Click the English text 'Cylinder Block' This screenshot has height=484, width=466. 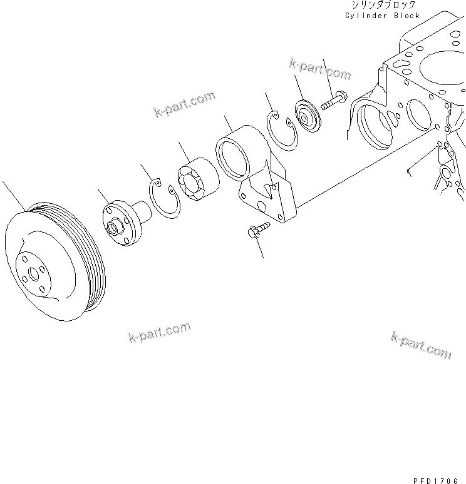(x=383, y=16)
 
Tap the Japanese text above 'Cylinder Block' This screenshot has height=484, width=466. (x=383, y=4)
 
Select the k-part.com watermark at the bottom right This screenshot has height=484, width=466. (x=420, y=345)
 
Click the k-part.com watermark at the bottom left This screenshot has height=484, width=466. (x=160, y=333)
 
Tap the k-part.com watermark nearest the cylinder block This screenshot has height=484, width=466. (x=320, y=69)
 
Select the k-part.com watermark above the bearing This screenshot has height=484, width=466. (x=184, y=104)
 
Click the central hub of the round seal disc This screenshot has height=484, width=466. (x=306, y=116)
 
